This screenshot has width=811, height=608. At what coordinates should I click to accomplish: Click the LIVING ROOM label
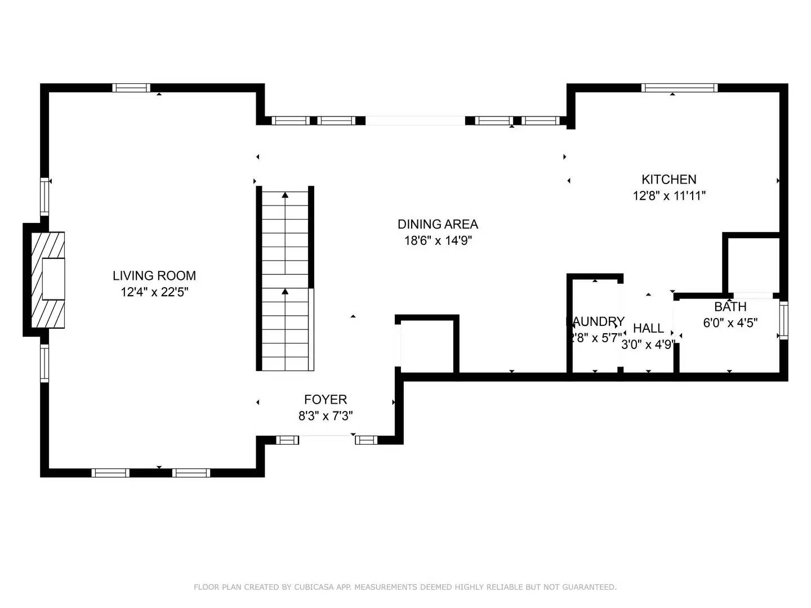(x=154, y=275)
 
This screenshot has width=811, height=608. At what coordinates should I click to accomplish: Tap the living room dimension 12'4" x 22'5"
(x=154, y=292)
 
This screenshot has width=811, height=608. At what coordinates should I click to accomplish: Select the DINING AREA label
(x=438, y=224)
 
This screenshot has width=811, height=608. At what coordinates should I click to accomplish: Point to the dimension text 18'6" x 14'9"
(x=438, y=241)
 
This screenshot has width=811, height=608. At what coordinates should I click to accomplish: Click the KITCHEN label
(x=669, y=180)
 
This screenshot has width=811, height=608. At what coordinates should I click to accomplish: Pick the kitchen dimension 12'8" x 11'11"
(x=669, y=196)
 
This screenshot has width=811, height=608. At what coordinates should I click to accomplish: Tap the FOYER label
(x=326, y=400)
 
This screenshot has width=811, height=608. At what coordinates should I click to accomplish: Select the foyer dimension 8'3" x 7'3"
(x=326, y=417)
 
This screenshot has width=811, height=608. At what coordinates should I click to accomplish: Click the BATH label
(x=730, y=307)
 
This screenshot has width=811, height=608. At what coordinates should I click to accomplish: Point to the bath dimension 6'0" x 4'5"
(x=730, y=323)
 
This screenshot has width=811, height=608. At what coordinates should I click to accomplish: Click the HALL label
(x=648, y=328)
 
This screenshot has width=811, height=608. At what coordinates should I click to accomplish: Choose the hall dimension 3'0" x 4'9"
(x=648, y=345)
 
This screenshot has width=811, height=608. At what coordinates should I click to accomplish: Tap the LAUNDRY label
(x=595, y=321)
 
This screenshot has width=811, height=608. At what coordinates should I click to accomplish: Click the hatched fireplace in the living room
(x=48, y=280)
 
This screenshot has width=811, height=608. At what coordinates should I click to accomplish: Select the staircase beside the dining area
(x=286, y=280)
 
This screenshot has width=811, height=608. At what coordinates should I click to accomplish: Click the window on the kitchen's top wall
(x=679, y=88)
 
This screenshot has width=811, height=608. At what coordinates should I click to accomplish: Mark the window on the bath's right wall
(x=783, y=320)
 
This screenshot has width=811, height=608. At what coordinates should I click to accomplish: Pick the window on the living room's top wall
(x=131, y=88)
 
